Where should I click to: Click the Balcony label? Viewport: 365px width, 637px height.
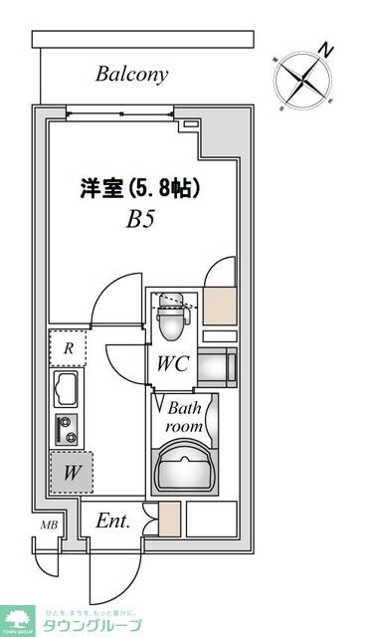click(x=132, y=74)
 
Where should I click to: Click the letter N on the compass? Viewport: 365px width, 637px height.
click(x=324, y=48)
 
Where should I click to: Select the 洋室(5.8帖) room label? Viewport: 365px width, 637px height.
click(x=140, y=188)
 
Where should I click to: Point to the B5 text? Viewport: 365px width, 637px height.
click(x=139, y=219)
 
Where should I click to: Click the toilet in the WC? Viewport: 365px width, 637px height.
click(x=172, y=317)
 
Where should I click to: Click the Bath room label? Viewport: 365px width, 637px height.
click(x=185, y=416)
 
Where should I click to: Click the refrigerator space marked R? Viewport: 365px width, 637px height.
click(x=68, y=348)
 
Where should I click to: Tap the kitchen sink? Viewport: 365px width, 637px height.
click(x=68, y=387)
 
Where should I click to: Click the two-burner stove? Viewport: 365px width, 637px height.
click(x=68, y=430)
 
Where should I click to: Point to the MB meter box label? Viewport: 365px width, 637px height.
click(x=47, y=526)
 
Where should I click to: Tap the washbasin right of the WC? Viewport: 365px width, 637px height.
click(x=218, y=368)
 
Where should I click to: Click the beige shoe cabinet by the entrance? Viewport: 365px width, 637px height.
click(x=170, y=520)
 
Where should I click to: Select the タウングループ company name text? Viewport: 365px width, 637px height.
click(x=91, y=624)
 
